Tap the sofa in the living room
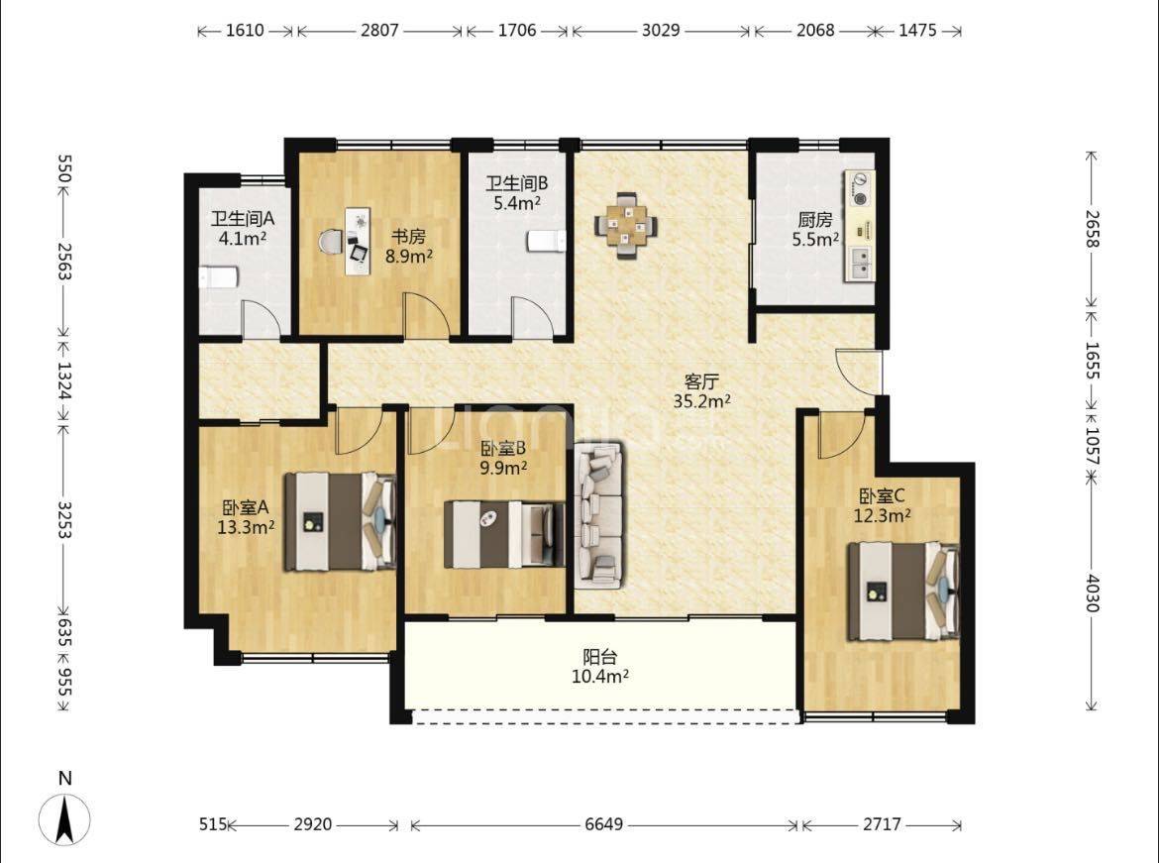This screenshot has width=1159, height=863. pos(599,514)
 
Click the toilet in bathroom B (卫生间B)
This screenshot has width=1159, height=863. pos(546,241)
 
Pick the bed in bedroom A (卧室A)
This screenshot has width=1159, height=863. pos(341,522)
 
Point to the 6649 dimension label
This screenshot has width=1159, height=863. pos(604,823)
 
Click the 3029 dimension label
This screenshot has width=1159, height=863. pos(660,31)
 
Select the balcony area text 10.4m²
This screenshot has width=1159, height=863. pos(600,675)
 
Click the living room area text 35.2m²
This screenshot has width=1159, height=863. pos(701,401)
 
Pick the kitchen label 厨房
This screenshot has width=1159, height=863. pos(815,220)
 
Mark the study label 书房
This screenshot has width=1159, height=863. pos(408,238)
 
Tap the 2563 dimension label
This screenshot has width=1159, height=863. pos(63,262)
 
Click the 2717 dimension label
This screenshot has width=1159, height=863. pos(882,823)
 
